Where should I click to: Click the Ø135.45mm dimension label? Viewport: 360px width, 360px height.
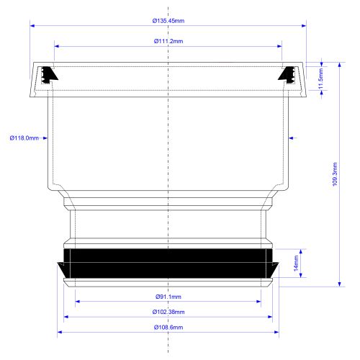(168, 21)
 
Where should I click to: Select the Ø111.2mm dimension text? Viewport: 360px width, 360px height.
(168, 41)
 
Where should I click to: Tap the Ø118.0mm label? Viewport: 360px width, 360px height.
(24, 138)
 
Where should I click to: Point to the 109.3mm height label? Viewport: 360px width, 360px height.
(335, 174)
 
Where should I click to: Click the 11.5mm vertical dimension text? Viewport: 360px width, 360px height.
(320, 78)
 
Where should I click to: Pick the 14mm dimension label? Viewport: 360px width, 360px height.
(296, 264)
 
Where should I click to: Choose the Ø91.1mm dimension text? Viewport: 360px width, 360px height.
(168, 297)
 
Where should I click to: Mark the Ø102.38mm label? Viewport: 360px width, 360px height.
(168, 312)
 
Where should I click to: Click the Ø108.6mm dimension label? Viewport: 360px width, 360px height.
(168, 328)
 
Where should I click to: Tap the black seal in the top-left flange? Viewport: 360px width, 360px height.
(49, 75)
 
